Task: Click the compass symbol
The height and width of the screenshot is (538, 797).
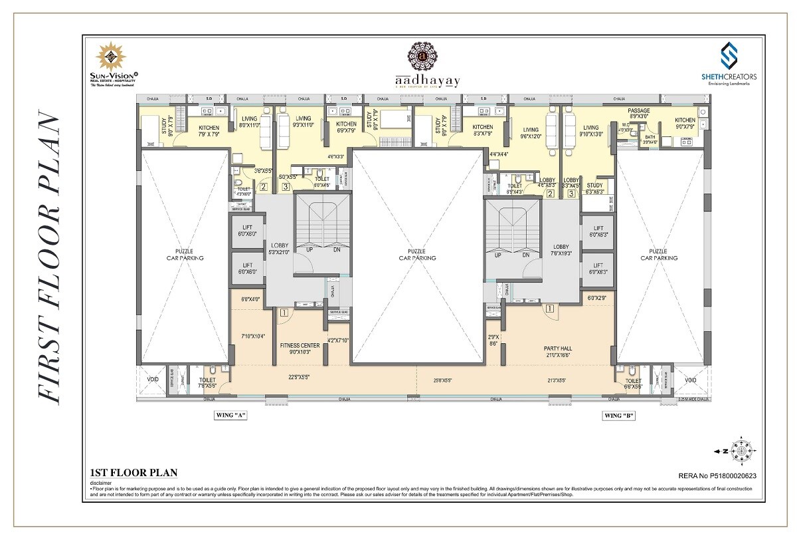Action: pyautogui.click(x=739, y=450)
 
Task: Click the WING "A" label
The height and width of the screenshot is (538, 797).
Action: pyautogui.click(x=230, y=416)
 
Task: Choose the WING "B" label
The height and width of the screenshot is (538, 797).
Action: pyautogui.click(x=618, y=416)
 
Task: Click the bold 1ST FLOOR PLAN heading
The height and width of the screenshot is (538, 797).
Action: pyautogui.click(x=133, y=473)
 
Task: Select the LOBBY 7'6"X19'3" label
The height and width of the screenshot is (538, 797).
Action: pyautogui.click(x=561, y=250)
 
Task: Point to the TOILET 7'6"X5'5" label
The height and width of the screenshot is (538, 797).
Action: pyautogui.click(x=207, y=382)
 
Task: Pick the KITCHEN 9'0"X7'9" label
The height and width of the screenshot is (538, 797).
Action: pyautogui.click(x=685, y=123)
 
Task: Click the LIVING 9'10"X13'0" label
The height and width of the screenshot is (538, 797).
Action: pyautogui.click(x=590, y=130)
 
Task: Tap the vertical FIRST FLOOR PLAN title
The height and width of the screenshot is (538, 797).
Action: pyautogui.click(x=50, y=258)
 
